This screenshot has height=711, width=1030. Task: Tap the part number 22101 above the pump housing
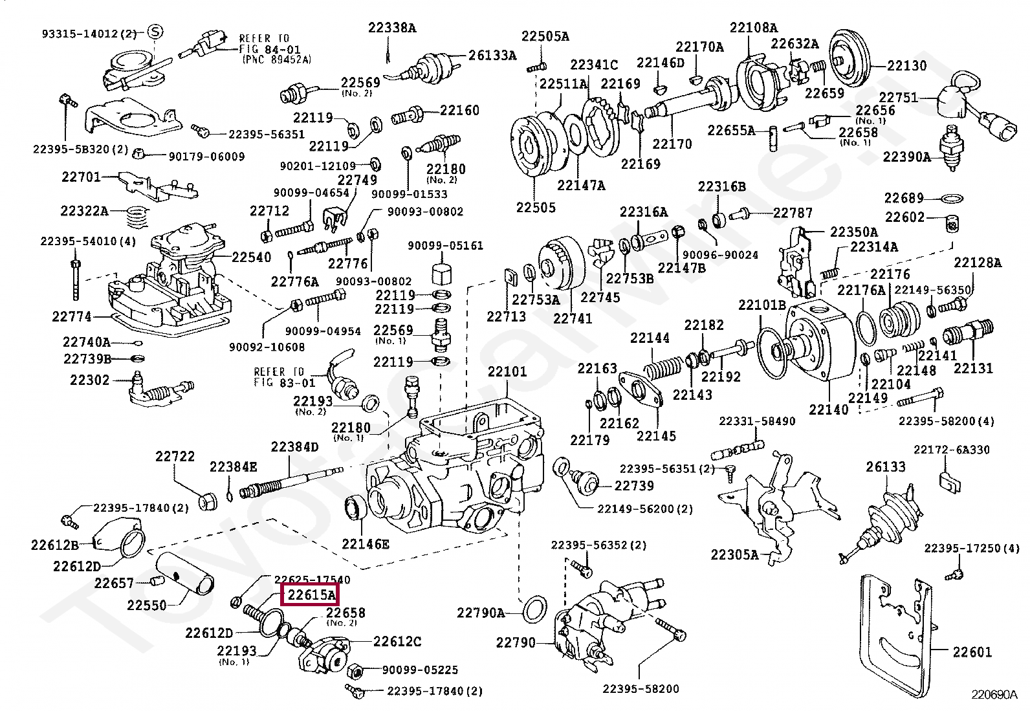point(507,371)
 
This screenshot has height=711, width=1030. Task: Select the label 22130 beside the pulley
point(907,65)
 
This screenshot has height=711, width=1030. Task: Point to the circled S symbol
point(155,32)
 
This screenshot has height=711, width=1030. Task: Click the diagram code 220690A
point(994,694)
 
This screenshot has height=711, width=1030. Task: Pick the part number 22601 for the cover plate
point(972,651)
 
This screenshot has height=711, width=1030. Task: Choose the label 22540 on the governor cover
point(252,257)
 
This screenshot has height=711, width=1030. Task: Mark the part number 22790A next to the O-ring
point(481,613)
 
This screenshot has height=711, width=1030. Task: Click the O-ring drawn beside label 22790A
point(535,610)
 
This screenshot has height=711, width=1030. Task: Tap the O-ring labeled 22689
point(950,199)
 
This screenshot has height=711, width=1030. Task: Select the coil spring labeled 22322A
point(137,216)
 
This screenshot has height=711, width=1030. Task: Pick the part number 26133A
point(492,55)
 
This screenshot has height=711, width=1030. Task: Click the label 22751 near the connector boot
point(898,98)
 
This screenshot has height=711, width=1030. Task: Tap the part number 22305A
point(734,554)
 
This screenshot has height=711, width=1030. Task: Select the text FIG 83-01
point(285,382)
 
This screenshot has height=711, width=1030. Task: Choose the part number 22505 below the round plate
point(536,208)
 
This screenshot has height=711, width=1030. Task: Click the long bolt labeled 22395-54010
point(76,280)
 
